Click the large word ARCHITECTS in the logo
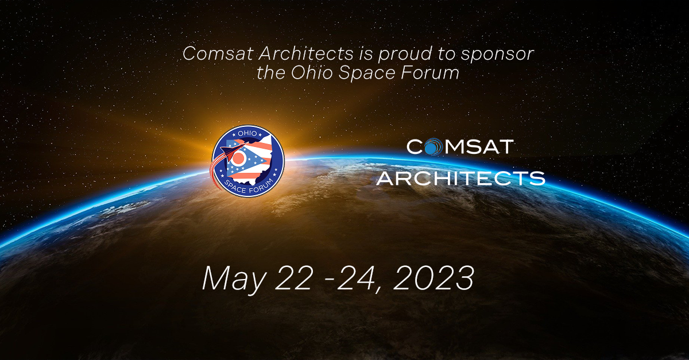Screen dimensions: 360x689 pyautogui.click(x=460, y=177)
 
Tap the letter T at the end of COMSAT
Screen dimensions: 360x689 pyautogui.click(x=504, y=148)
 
